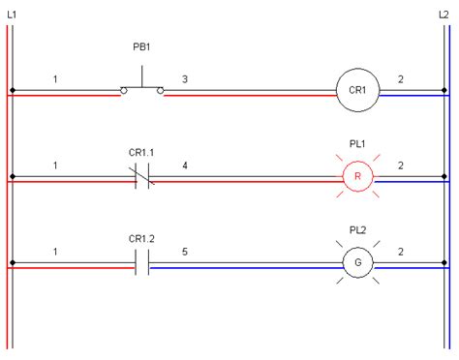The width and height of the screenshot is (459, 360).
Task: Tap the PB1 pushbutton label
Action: [141, 46]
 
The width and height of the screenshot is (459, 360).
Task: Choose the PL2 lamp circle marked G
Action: [355, 262]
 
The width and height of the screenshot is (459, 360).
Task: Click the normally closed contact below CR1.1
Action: [142, 178]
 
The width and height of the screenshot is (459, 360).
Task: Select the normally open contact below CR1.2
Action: [142, 263]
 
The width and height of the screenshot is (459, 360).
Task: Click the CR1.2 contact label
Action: [142, 236]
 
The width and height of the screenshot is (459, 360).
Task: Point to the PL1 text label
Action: [356, 144]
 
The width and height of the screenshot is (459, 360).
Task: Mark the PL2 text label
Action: [356, 230]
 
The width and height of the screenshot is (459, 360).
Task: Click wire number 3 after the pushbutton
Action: [185, 77]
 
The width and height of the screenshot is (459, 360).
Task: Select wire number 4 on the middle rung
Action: [185, 165]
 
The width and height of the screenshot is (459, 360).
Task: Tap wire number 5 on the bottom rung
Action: [185, 252]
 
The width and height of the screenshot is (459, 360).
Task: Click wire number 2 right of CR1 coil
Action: [401, 77]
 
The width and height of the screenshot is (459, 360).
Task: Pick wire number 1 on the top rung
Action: [56, 77]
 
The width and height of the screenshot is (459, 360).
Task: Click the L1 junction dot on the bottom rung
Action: [12, 263]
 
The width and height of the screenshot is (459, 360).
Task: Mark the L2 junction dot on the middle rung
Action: [444, 178]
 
